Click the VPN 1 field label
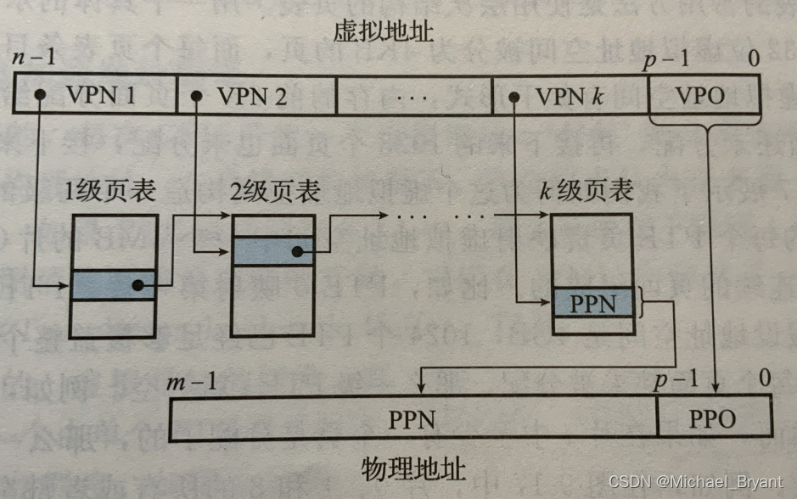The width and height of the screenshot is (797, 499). point(100,95)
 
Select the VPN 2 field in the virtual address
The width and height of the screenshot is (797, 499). point(251,95)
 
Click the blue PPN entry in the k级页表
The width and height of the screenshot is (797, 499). point(592,303)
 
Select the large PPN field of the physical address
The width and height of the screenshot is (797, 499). point(413,419)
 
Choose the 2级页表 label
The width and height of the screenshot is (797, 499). point(275,192)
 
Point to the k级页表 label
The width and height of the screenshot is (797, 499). point(587,191)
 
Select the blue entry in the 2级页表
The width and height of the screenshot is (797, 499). point(272,251)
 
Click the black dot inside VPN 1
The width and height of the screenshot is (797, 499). point(39,95)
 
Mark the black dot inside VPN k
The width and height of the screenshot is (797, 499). point(514,95)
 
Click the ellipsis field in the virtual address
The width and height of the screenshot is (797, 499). point(414,95)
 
